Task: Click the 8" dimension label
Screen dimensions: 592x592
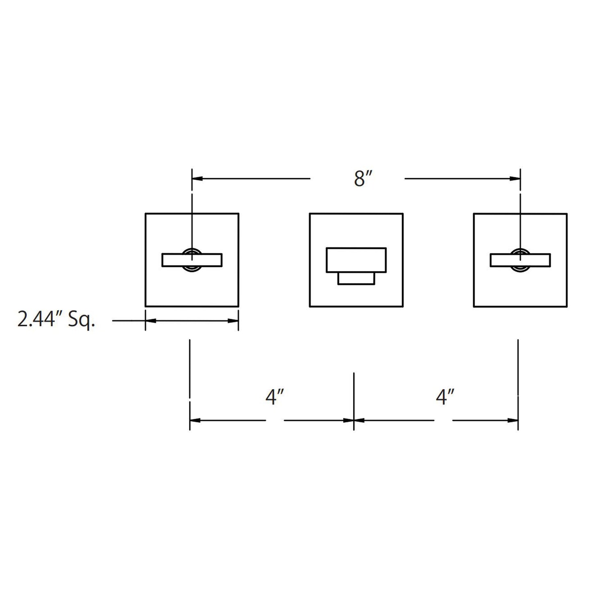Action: [x=362, y=179]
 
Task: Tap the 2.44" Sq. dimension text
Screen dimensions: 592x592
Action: [x=56, y=319]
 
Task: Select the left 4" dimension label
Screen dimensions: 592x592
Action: [x=275, y=397]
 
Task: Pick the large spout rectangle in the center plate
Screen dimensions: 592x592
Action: [x=356, y=260]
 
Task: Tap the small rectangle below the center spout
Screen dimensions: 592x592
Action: [x=356, y=279]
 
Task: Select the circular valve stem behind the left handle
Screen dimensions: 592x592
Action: [x=192, y=250]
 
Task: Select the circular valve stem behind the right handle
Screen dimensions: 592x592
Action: [x=520, y=250]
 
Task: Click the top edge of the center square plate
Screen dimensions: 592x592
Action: [x=356, y=213]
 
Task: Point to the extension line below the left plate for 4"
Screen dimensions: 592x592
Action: [x=190, y=369]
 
